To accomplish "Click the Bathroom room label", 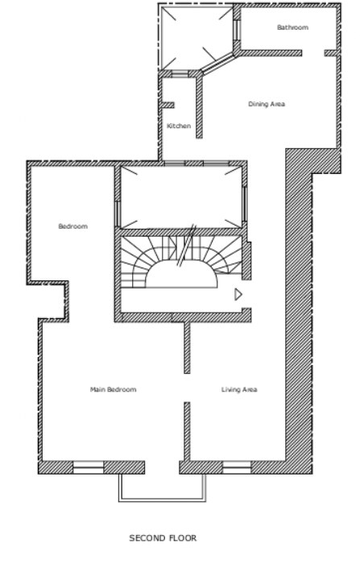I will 292,27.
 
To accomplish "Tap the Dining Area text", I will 266,104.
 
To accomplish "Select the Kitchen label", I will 179,126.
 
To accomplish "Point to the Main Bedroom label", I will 113,390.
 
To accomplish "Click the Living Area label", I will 239,390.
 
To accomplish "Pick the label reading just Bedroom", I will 72,226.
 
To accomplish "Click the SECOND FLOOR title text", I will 163,537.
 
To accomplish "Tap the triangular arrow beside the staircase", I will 238,295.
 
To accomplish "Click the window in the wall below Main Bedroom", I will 89,467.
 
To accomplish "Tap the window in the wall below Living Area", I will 236,467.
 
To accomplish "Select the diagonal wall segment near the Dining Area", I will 217,64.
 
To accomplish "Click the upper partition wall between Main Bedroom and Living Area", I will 186,348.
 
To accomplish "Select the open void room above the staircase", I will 180,197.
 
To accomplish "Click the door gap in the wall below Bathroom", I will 313,53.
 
